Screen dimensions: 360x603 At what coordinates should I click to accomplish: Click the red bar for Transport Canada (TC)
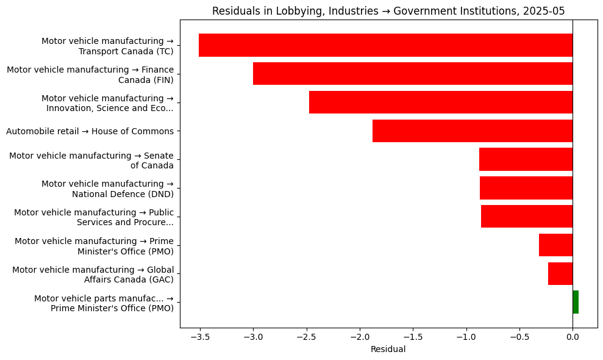pos(385,45)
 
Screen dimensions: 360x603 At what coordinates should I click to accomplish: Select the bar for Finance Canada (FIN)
pos(413,74)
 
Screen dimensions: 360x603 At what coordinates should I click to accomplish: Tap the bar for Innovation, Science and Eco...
pos(441,103)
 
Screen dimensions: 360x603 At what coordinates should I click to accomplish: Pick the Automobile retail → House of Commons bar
pos(473,131)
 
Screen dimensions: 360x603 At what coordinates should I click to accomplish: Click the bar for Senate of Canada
pos(526,159)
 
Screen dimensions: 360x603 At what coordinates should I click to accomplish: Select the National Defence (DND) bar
pos(526,188)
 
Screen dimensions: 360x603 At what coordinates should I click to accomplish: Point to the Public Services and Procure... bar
pos(527,217)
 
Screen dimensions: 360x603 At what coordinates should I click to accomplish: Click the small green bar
pos(576,302)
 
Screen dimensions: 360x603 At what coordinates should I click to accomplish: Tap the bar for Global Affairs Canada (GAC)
pos(560,274)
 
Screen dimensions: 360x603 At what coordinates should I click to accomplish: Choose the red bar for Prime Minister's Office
pos(555,245)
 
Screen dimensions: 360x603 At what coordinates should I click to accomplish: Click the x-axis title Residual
pos(388,350)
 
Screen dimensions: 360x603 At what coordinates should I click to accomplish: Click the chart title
pos(388,10)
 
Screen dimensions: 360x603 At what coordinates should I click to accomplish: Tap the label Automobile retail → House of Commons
pos(90,131)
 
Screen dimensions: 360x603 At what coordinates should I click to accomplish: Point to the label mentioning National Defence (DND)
pos(107,189)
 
